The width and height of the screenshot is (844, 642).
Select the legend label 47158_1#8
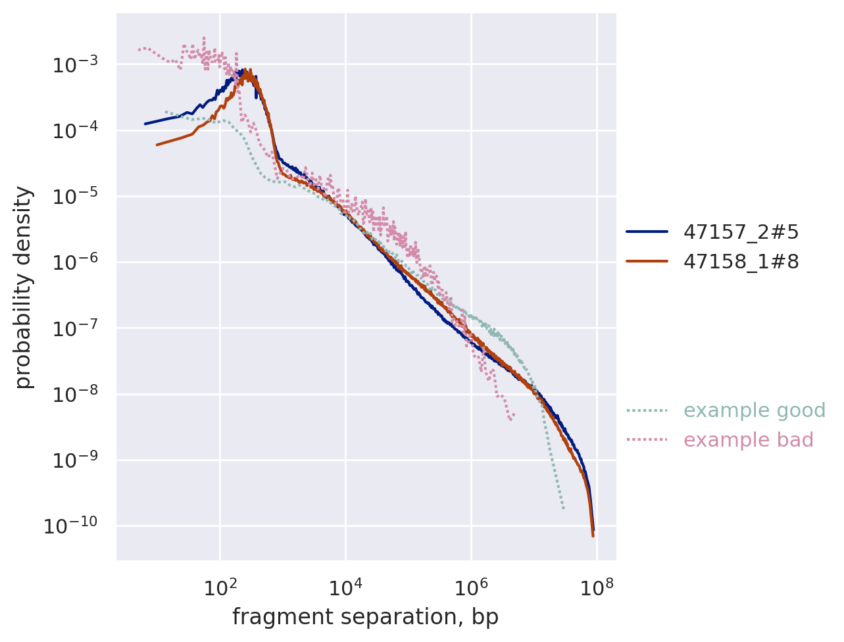(x=741, y=262)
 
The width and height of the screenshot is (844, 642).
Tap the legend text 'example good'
(x=754, y=410)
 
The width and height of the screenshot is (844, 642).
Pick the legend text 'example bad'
(x=748, y=440)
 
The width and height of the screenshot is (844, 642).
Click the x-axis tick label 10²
(x=220, y=586)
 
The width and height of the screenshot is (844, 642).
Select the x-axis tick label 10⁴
(x=345, y=586)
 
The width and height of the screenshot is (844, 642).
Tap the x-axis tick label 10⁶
(x=471, y=586)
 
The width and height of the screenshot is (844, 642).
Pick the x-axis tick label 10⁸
(x=596, y=586)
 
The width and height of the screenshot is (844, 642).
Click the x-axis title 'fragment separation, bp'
(x=365, y=617)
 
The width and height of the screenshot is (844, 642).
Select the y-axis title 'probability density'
(x=24, y=287)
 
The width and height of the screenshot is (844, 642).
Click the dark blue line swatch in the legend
(x=647, y=232)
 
